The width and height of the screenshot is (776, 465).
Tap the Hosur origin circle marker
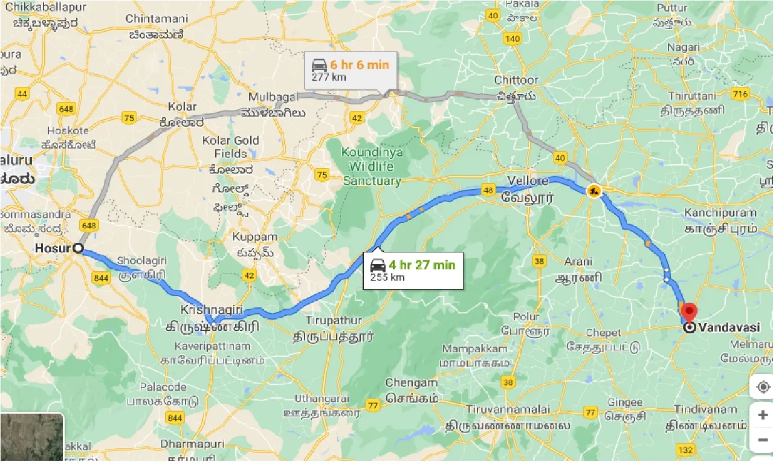click(x=78, y=248)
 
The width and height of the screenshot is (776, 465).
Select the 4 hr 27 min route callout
click(x=413, y=271)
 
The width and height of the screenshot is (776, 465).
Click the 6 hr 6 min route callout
click(x=351, y=70)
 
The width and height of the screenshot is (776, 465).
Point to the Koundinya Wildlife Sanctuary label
click(x=373, y=166)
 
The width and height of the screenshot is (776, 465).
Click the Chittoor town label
click(x=516, y=80)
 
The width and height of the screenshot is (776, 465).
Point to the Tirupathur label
click(x=334, y=320)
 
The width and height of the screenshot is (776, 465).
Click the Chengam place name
click(x=411, y=383)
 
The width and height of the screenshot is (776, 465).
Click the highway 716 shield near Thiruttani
click(x=740, y=94)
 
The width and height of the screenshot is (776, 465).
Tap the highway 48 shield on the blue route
click(x=488, y=191)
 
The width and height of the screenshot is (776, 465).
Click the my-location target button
click(x=763, y=386)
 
